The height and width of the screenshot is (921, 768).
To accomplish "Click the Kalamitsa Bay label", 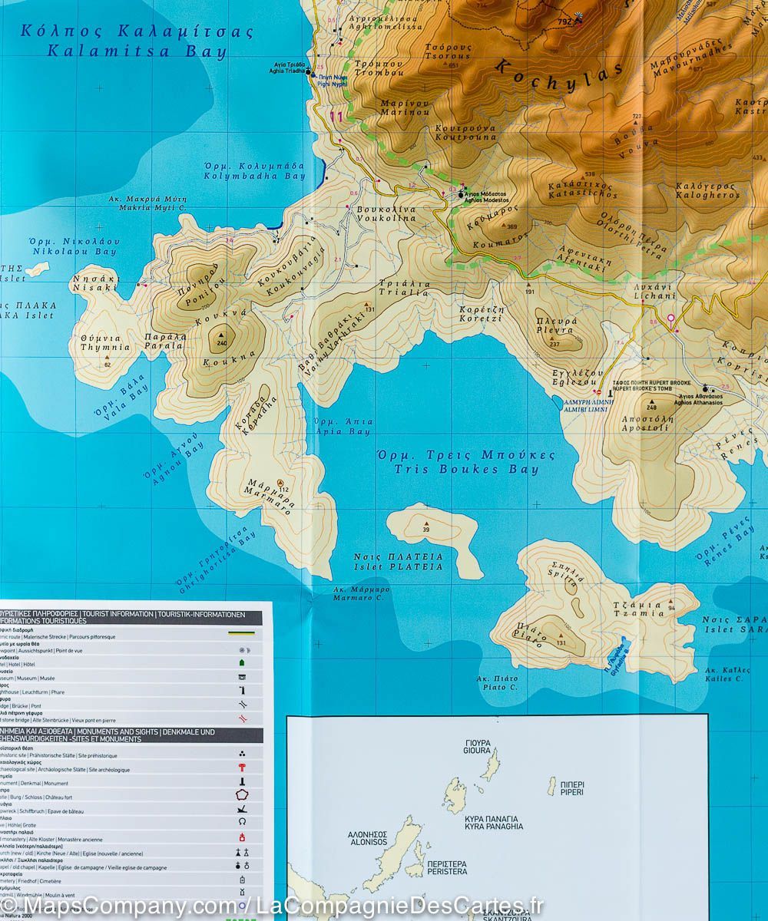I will pyautogui.click(x=137, y=42).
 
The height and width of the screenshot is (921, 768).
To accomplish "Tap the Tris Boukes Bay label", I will pyautogui.click(x=466, y=462).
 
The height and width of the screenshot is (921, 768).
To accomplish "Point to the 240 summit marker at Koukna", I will pyautogui.click(x=223, y=335).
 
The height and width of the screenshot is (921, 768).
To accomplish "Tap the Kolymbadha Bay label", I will pyautogui.click(x=254, y=170).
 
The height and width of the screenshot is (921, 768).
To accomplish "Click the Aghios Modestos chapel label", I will pyautogui.click(x=484, y=197).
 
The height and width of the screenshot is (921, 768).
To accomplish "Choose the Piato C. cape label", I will pyautogui.click(x=497, y=683).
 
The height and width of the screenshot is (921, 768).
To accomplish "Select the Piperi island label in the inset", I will pyautogui.click(x=572, y=787).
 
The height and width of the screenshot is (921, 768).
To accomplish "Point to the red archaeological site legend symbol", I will pyautogui.click(x=243, y=768).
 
